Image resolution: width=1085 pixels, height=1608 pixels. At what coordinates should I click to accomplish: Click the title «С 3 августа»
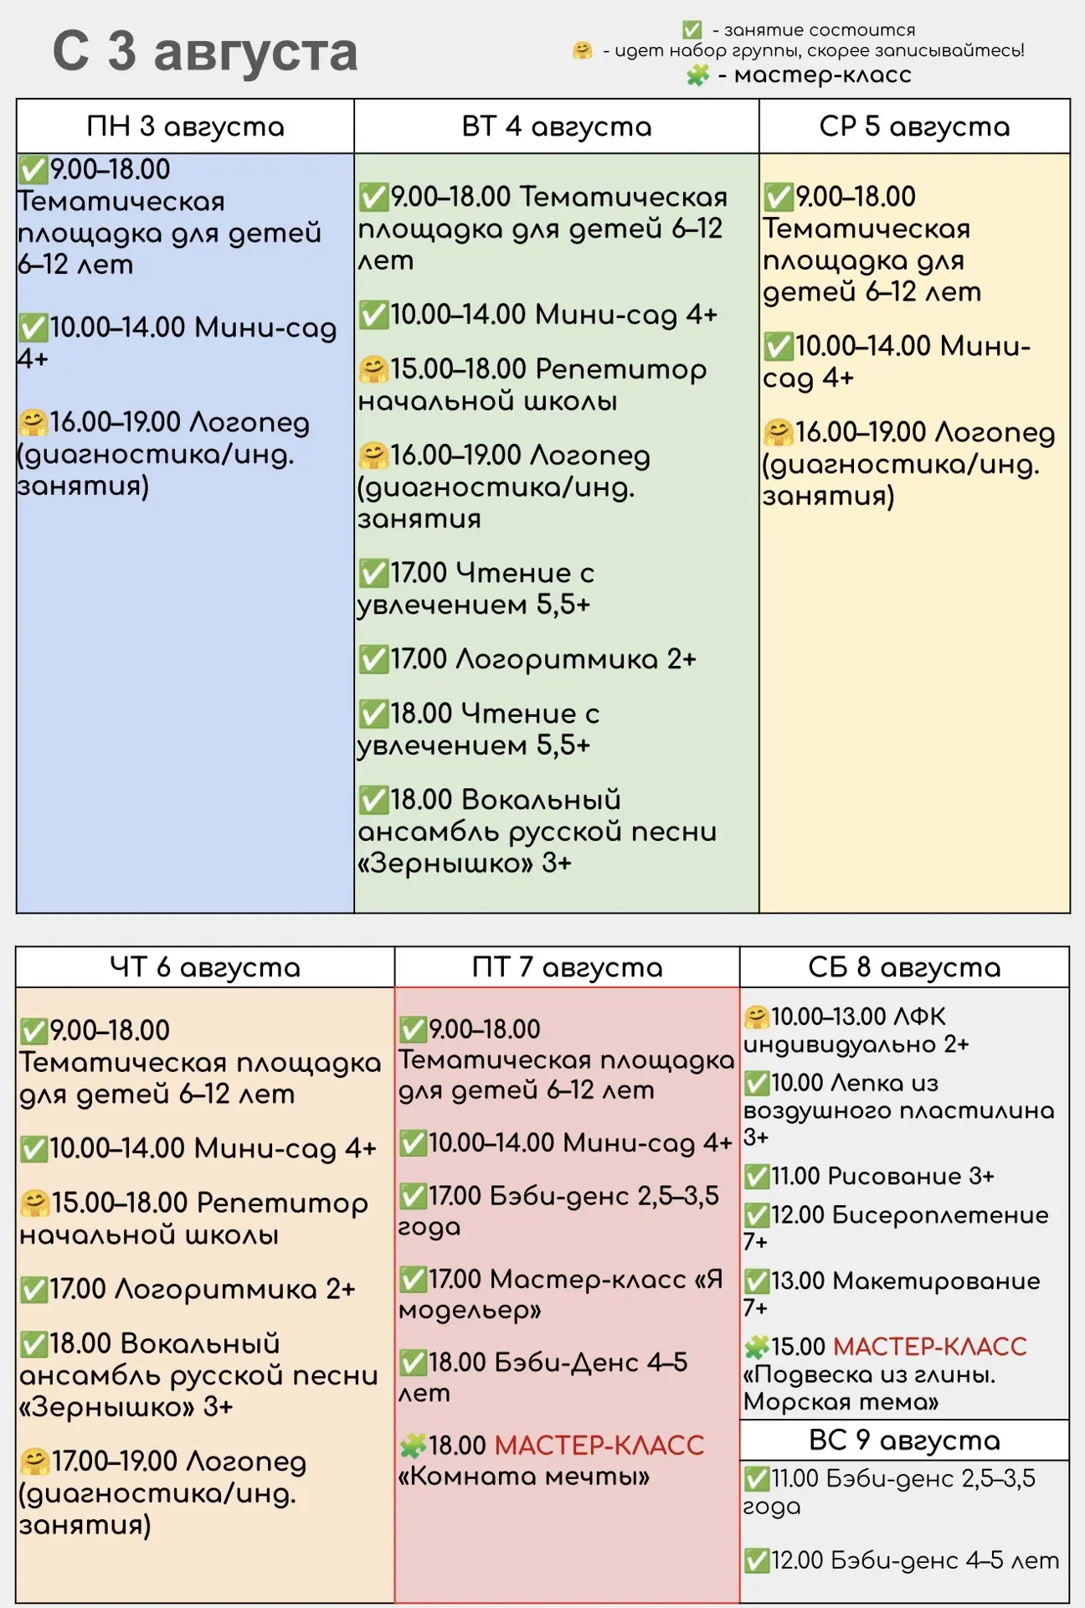[x=205, y=52]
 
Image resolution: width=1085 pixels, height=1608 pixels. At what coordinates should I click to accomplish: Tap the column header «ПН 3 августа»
[x=186, y=126]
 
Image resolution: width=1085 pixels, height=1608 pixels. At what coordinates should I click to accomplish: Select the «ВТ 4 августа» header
[x=557, y=126]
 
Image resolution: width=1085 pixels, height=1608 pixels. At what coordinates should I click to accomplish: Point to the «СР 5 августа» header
[x=914, y=126]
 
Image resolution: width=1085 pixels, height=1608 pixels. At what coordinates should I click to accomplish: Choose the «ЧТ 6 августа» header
[x=205, y=967]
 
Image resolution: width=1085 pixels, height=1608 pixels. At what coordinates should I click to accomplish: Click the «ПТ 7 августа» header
[x=568, y=967]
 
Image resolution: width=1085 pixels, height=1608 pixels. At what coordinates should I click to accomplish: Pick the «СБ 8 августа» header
[x=904, y=967]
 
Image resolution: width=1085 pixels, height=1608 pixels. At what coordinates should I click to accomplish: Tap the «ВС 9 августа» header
[x=904, y=1440]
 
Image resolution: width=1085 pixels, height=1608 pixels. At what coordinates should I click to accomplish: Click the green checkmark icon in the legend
[x=692, y=30]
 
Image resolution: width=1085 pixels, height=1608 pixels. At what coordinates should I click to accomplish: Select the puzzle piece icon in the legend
[x=698, y=75]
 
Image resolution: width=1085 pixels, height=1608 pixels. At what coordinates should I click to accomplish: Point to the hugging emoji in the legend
[x=583, y=51]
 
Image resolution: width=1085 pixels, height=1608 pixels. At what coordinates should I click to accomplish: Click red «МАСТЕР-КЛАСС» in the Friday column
[x=599, y=1446]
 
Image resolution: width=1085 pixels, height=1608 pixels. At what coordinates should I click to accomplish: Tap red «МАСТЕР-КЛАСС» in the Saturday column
[x=930, y=1347]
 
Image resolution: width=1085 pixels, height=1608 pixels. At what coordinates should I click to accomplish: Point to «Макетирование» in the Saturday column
[x=936, y=1281]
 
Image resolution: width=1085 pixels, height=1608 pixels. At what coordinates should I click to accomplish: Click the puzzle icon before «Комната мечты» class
[x=413, y=1446]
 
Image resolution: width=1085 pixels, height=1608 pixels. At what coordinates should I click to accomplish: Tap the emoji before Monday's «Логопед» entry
[x=33, y=423]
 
